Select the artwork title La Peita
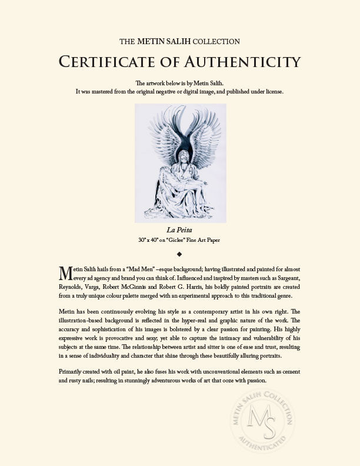180,230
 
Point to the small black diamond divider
180,254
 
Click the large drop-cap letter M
66,273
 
